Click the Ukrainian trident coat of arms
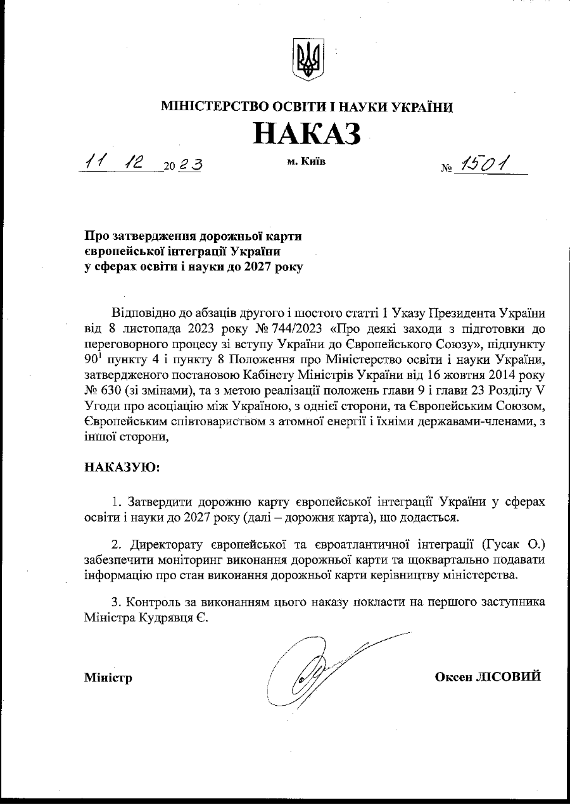coord(307,59)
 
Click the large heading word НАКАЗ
coord(307,134)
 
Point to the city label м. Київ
coord(306,162)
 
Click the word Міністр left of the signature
coord(108,678)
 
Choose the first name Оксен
coord(453,677)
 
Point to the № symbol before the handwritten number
coord(447,169)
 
